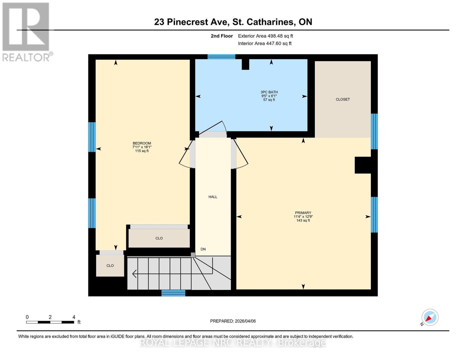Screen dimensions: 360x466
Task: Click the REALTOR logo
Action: (26, 31)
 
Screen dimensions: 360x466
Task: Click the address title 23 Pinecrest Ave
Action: (233, 22)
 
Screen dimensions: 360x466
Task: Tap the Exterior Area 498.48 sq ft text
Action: (265, 36)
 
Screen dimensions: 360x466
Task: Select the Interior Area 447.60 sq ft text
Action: (265, 43)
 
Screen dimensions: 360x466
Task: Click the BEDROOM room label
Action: (142, 147)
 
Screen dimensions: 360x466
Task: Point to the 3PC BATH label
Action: (269, 96)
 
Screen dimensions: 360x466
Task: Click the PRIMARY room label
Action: (303, 216)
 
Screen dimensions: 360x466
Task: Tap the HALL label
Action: (213, 197)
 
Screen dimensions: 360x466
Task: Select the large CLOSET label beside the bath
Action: (343, 99)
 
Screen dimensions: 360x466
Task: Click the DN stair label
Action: (203, 249)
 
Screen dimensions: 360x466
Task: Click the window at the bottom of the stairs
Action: (173, 293)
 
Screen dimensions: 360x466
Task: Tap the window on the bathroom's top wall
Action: (221, 57)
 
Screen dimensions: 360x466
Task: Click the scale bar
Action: (50, 322)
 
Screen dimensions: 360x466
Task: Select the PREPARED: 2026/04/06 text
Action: (233, 321)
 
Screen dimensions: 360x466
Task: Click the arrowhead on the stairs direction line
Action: (134, 274)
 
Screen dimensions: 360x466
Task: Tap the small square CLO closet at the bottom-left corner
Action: (110, 265)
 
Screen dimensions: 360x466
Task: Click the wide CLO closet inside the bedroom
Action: (159, 238)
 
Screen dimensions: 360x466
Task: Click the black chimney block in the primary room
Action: (363, 165)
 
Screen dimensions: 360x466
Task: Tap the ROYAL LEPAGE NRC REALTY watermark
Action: (233, 343)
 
